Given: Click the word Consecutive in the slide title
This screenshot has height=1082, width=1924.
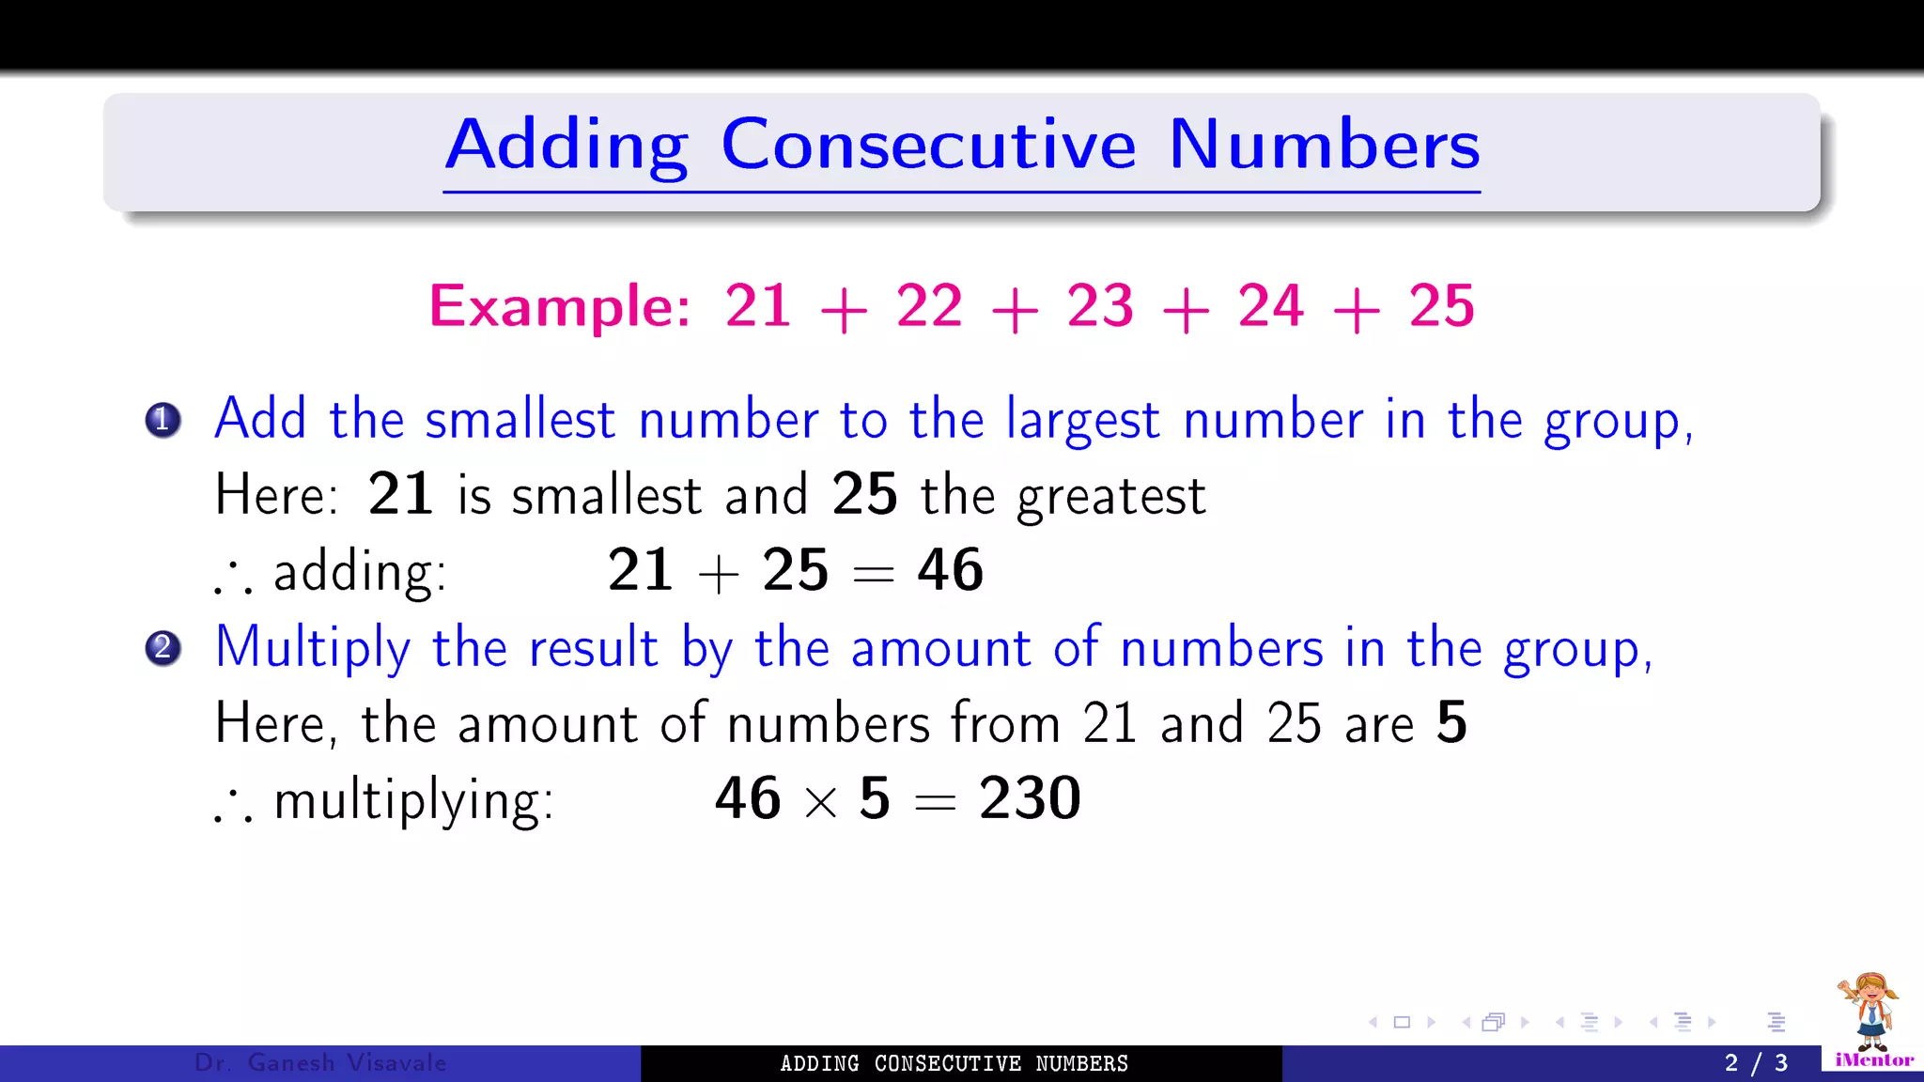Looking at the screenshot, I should click(x=928, y=146).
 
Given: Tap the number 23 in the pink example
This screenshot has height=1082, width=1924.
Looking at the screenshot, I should click(x=1099, y=306).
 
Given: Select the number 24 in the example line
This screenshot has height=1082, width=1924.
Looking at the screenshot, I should click(x=1270, y=306).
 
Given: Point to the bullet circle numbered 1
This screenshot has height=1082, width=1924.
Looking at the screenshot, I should click(x=163, y=420).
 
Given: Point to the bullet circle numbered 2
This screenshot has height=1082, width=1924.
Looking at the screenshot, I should click(x=163, y=648).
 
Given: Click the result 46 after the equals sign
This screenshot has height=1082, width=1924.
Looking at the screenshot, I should click(x=950, y=570).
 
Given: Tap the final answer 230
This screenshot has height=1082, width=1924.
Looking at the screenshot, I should click(x=1030, y=798).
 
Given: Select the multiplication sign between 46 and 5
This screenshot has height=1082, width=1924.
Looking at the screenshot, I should click(x=820, y=802).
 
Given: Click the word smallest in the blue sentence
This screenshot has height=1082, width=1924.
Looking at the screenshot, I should click(x=520, y=420).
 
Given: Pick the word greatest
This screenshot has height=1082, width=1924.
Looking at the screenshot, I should click(x=1111, y=497).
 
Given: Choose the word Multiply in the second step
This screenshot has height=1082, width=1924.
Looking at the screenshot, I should click(x=313, y=648).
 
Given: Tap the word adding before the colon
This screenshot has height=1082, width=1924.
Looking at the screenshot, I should click(x=359, y=572).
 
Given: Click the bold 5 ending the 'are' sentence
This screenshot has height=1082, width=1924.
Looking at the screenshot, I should click(x=1451, y=723).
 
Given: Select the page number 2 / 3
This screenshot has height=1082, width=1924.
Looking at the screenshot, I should click(x=1756, y=1063).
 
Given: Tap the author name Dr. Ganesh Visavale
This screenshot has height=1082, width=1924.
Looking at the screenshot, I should click(x=320, y=1063).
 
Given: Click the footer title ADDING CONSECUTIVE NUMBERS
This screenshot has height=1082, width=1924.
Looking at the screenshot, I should click(x=954, y=1063).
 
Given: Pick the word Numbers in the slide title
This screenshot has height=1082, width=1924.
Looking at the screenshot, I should click(x=1324, y=146).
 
